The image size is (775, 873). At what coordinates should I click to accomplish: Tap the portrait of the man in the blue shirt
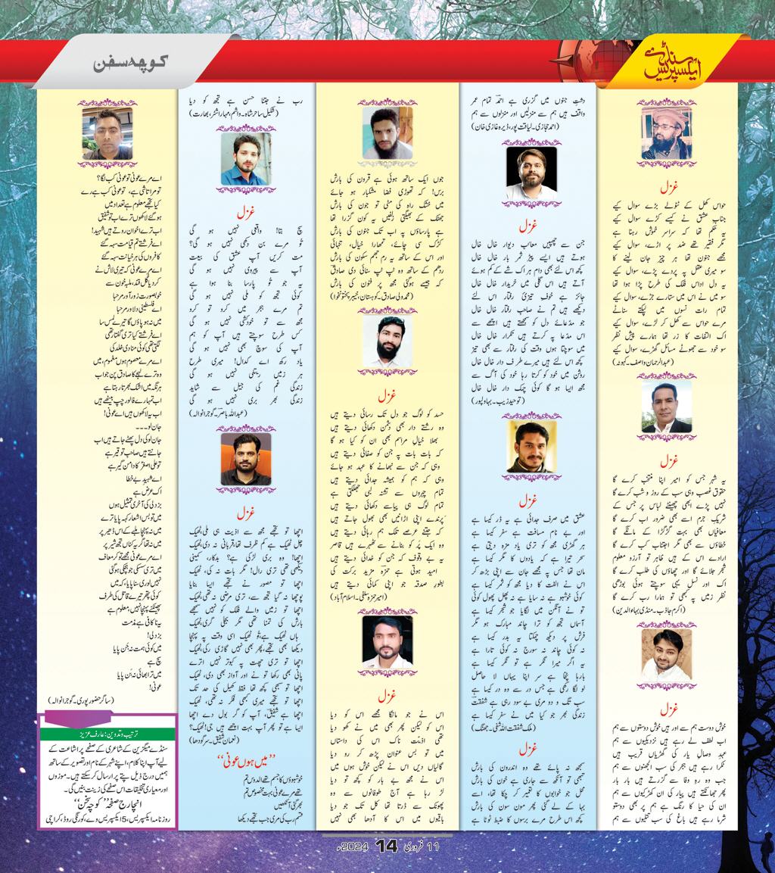tap(246, 158)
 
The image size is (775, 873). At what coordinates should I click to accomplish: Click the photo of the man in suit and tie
tap(666, 407)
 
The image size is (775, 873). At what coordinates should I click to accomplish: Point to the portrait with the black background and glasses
tap(531, 173)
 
